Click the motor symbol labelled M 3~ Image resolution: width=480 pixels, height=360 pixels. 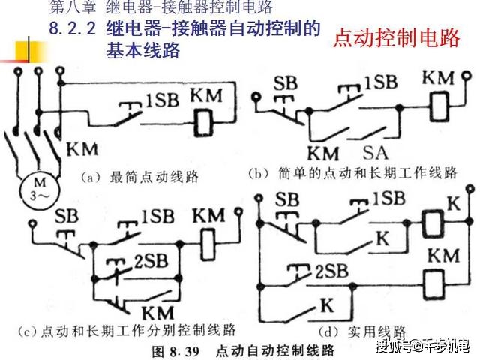(40, 190)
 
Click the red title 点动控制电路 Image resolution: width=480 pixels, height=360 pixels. (397, 38)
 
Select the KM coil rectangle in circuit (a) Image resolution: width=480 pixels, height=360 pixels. (203, 123)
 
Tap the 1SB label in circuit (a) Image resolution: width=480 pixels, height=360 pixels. (162, 100)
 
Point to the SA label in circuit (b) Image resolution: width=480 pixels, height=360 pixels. (376, 153)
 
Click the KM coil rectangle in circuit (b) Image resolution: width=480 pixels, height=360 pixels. (439, 106)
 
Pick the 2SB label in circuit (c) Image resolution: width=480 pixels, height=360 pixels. (151, 261)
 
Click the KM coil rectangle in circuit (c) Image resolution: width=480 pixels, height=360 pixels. (208, 245)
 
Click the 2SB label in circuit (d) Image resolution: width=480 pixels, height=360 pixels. (331, 271)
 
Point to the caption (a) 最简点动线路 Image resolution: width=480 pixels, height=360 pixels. (139, 178)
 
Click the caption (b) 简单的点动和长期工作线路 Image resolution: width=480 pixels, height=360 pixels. (352, 173)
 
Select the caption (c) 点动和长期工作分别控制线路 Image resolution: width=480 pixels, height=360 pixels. (127, 331)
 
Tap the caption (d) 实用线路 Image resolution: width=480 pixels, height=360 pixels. (362, 331)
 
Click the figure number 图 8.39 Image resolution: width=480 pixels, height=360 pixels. (175, 351)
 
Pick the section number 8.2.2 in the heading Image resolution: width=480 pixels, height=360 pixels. (73, 28)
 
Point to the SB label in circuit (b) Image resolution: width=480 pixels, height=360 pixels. (285, 83)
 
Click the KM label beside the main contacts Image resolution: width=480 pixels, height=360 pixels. (82, 149)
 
